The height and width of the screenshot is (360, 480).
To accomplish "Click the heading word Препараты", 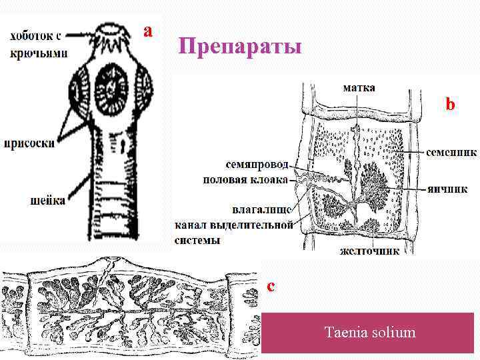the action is (240, 48).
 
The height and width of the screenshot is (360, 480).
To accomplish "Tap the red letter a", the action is (149, 30).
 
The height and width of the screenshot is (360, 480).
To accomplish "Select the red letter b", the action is (451, 105).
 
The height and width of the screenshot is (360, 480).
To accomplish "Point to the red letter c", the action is (270, 286).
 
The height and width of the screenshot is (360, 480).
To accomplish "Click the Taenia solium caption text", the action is (369, 331).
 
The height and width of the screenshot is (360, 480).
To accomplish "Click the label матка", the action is (359, 87).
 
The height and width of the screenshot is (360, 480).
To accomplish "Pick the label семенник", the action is (451, 152).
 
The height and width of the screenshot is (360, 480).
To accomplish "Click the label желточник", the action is (369, 251).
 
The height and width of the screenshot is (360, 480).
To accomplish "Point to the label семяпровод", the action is (256, 164).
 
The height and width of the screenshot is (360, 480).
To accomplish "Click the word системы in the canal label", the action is (197, 240).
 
